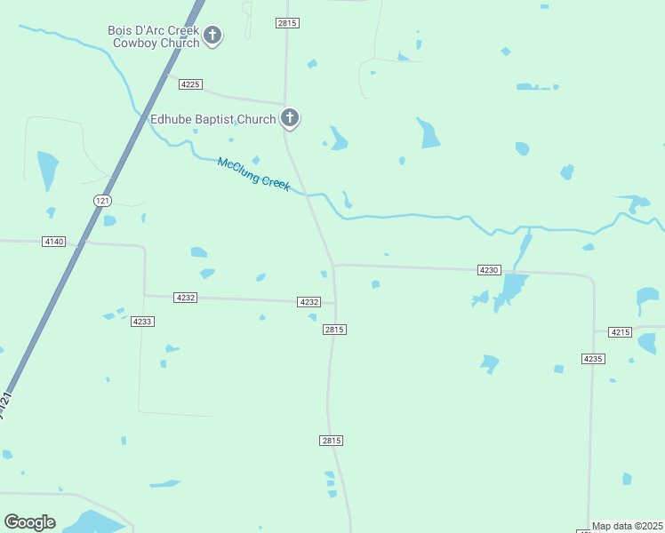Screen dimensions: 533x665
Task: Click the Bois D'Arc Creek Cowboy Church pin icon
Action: (212, 36)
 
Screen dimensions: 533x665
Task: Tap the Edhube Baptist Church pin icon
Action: (290, 117)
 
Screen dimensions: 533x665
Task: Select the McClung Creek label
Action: (254, 172)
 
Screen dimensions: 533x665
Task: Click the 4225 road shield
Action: (190, 84)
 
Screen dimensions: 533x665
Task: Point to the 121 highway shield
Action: (103, 202)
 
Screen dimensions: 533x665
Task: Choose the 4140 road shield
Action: (53, 242)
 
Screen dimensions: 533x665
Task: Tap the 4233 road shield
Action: (142, 322)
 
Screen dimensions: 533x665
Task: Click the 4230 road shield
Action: (489, 269)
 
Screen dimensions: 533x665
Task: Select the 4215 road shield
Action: (621, 331)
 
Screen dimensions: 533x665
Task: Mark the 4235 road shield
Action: (593, 358)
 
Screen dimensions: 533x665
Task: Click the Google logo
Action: (29, 522)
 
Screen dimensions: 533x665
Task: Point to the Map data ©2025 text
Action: (627, 526)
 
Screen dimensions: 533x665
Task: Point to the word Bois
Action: (120, 30)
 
